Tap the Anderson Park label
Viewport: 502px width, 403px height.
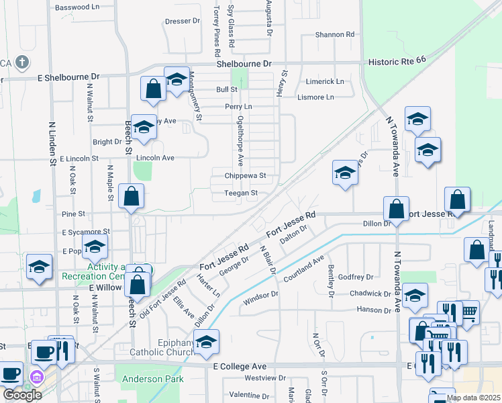153,379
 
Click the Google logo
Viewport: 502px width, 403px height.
22,395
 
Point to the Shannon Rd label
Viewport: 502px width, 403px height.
334,34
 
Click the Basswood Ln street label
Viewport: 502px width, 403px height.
77,7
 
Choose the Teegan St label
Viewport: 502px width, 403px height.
241,193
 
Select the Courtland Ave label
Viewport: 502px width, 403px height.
304,267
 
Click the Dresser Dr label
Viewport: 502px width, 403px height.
183,21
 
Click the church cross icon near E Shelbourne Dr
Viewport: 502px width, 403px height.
22,63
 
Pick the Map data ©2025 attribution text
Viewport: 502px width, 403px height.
474,398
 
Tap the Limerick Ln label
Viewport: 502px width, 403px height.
325,81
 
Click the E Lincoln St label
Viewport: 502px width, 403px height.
79,159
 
